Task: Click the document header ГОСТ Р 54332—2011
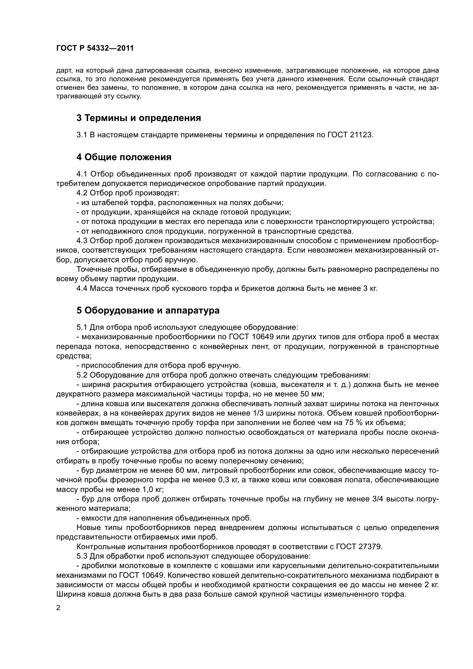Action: click(95, 48)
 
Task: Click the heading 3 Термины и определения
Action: click(139, 118)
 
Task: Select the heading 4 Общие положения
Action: click(124, 157)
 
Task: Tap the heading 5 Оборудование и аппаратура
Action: click(148, 311)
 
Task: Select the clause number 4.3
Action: click(82, 241)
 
